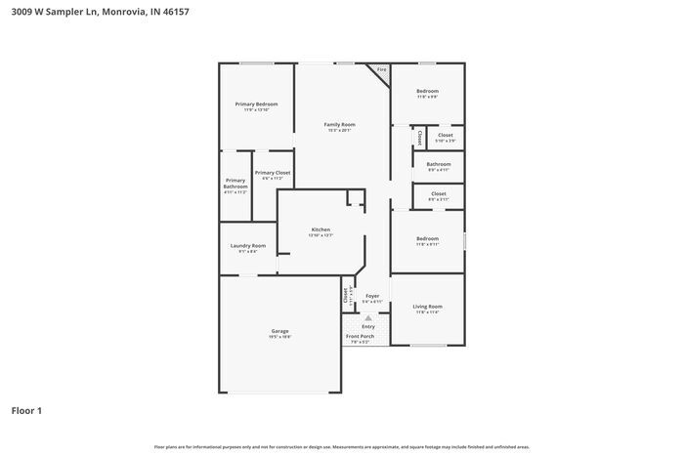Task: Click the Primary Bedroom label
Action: click(x=256, y=104)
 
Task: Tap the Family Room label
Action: click(x=339, y=125)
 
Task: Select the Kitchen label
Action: click(x=321, y=230)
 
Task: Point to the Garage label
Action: click(x=279, y=331)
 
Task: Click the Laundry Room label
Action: click(x=247, y=246)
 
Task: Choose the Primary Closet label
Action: click(x=273, y=173)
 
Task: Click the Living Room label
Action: click(x=428, y=307)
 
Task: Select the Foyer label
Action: click(x=372, y=296)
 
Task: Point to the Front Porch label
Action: click(x=360, y=336)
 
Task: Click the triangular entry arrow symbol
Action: click(x=368, y=317)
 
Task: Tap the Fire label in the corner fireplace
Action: click(x=381, y=69)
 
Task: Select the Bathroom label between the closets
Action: click(x=439, y=164)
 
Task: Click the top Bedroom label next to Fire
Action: click(x=428, y=91)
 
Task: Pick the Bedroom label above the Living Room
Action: click(x=428, y=238)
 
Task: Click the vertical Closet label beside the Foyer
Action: click(x=346, y=295)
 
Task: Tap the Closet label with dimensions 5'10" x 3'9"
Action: click(x=445, y=136)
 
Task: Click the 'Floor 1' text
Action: click(x=26, y=410)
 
